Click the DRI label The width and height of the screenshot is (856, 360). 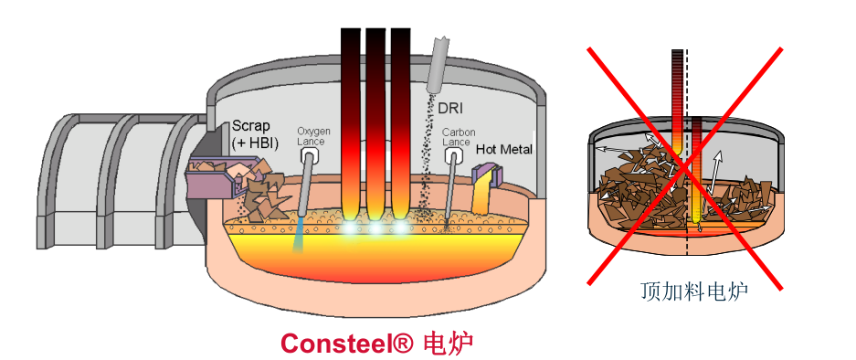(450, 109)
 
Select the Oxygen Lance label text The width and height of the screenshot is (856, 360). (313, 137)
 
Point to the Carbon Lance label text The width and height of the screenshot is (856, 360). (456, 137)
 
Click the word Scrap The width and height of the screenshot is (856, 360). (251, 125)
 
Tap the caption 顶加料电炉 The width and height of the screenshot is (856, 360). (694, 292)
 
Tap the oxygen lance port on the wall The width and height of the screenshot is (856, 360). (312, 157)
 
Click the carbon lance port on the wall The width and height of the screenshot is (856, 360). (452, 156)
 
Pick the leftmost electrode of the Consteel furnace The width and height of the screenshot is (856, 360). (351, 119)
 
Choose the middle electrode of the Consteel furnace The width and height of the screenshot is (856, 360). (375, 119)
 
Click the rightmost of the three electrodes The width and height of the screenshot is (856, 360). (400, 119)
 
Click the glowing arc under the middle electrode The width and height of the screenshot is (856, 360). (375, 228)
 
